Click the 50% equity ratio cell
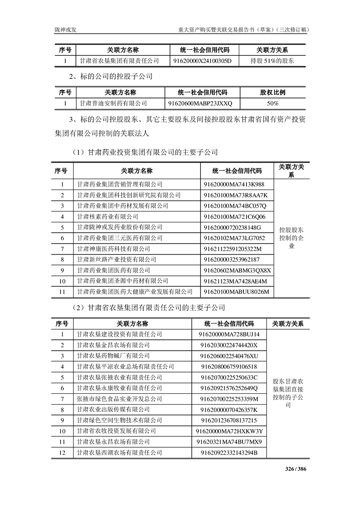pyautogui.click(x=272, y=103)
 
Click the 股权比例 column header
pyautogui.click(x=272, y=92)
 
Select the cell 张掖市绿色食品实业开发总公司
pyautogui.click(x=119, y=399)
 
